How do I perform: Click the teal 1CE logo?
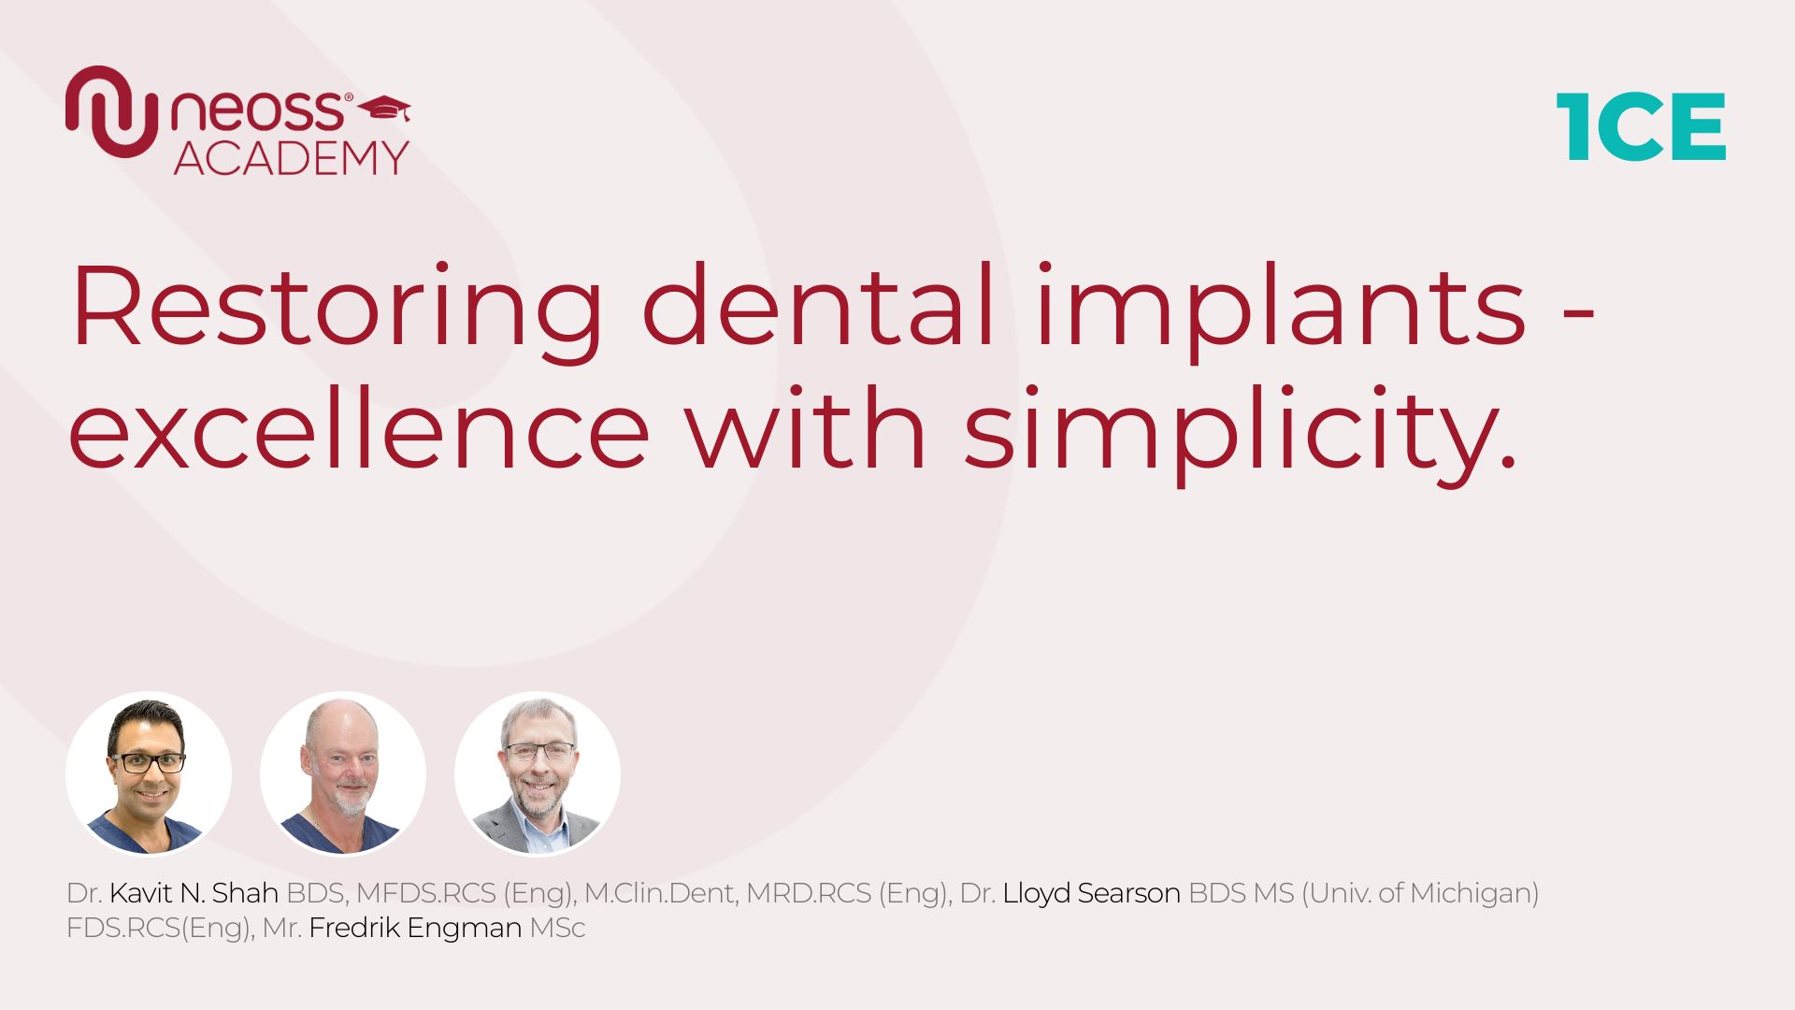click(1641, 126)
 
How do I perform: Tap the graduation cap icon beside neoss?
click(384, 108)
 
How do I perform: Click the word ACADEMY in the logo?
click(292, 157)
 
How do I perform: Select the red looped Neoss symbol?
click(111, 111)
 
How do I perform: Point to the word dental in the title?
click(818, 305)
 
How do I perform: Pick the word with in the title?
click(806, 426)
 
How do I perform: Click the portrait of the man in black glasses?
click(149, 773)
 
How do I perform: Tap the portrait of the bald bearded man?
click(343, 773)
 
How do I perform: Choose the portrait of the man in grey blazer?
click(538, 773)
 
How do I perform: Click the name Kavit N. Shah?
click(194, 893)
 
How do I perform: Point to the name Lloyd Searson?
click(1091, 894)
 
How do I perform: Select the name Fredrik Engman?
click(415, 929)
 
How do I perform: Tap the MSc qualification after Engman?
click(557, 929)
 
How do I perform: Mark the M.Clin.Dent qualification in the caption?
click(659, 894)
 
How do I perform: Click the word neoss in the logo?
click(257, 110)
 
